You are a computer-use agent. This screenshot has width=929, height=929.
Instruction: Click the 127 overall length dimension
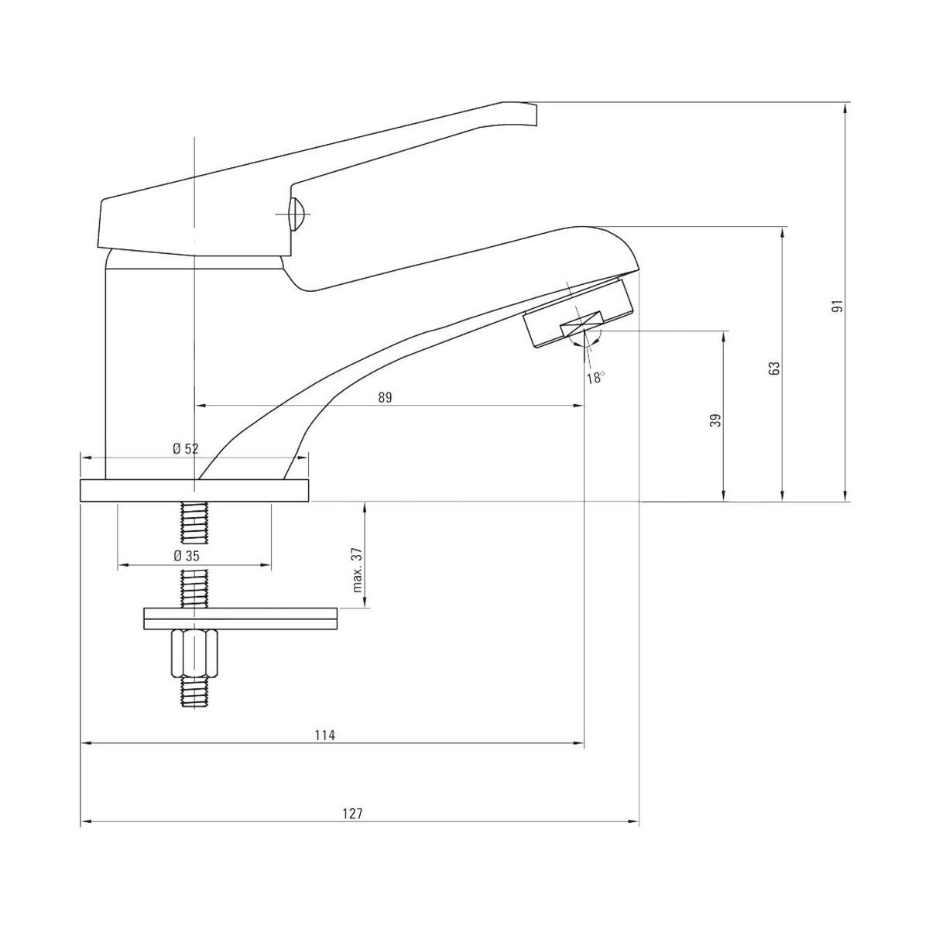click(x=352, y=814)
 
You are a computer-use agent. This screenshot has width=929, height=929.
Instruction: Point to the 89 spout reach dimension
click(x=386, y=397)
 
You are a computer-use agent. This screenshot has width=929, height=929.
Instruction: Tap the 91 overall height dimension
click(x=838, y=305)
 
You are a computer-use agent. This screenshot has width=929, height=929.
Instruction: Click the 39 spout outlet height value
click(x=717, y=420)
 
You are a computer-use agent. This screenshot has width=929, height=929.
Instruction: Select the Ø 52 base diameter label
click(x=186, y=449)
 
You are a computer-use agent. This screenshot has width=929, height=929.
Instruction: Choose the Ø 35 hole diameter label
click(x=187, y=556)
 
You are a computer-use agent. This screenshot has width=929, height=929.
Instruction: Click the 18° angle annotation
click(x=595, y=378)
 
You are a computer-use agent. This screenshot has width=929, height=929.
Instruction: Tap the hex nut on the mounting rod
click(x=194, y=653)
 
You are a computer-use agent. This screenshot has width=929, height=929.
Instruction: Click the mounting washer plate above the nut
click(x=241, y=619)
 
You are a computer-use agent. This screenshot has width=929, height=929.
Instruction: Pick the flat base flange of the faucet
click(x=194, y=491)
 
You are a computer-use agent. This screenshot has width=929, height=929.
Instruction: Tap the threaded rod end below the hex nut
click(x=194, y=692)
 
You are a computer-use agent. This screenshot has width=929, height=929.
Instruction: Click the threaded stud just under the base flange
click(x=194, y=522)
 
